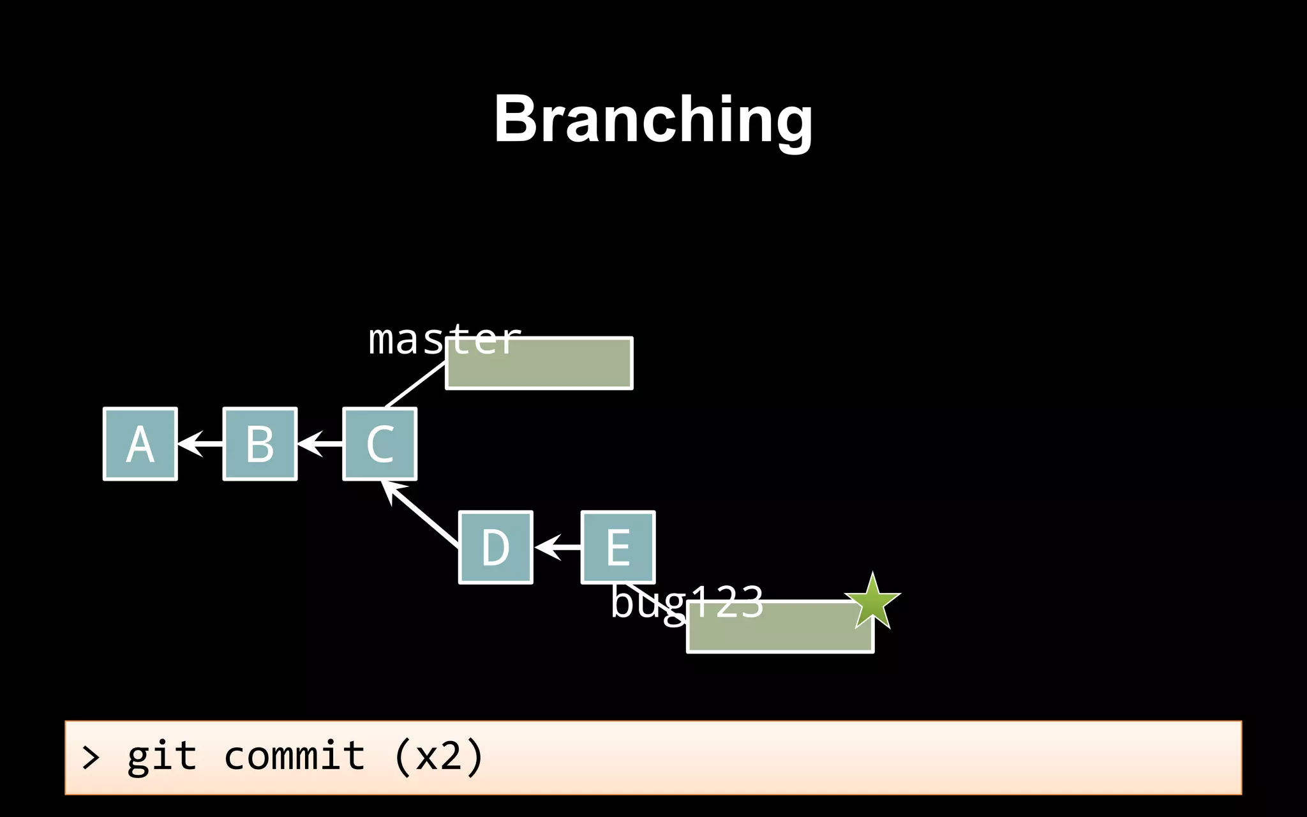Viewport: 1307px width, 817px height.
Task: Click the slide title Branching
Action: pyautogui.click(x=653, y=119)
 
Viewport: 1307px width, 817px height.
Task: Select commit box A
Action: pyautogui.click(x=140, y=444)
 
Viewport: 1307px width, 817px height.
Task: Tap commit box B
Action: pyautogui.click(x=260, y=444)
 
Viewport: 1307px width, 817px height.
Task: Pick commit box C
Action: pyautogui.click(x=380, y=444)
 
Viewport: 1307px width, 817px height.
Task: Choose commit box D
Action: pyautogui.click(x=496, y=548)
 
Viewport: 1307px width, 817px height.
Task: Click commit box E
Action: pyautogui.click(x=618, y=548)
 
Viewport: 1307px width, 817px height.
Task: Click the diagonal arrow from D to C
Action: pyautogui.click(x=421, y=513)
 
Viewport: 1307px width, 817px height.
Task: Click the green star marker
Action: pyautogui.click(x=872, y=601)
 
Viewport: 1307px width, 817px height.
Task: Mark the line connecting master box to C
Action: pyautogui.click(x=415, y=385)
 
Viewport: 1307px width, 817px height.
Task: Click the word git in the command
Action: pyautogui.click(x=161, y=757)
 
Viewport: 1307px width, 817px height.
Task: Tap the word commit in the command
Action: pyautogui.click(x=294, y=757)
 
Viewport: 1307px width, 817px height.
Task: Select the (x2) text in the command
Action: pyautogui.click(x=439, y=757)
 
